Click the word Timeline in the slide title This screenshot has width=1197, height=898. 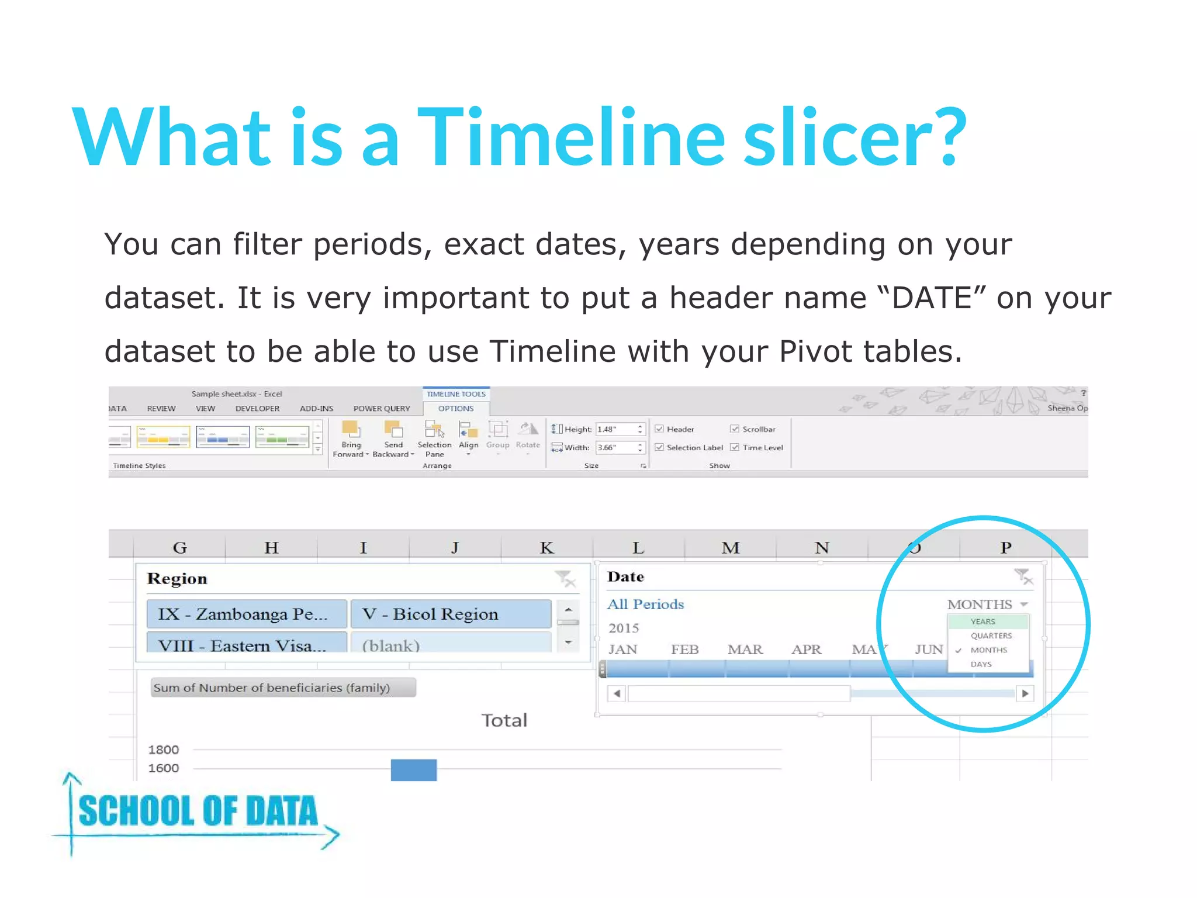click(570, 138)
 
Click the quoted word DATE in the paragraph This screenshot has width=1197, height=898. click(932, 298)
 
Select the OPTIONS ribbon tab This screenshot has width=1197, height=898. click(456, 409)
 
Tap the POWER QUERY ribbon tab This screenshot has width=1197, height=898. click(381, 409)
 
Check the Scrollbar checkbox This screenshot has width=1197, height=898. click(735, 429)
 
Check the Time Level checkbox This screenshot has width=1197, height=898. click(735, 447)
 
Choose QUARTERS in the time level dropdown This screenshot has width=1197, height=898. click(991, 635)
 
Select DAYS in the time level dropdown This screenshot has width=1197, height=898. click(981, 664)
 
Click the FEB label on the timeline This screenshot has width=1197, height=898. click(684, 650)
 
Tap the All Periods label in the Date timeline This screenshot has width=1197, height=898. click(645, 604)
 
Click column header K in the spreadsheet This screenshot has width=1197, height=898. click(546, 548)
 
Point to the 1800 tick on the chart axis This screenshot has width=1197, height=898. click(164, 750)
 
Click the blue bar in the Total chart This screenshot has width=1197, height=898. click(414, 769)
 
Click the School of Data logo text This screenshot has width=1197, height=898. click(198, 811)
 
